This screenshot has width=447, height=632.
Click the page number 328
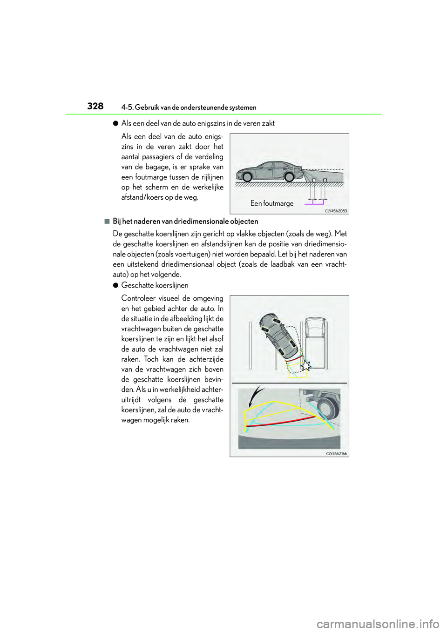(95, 106)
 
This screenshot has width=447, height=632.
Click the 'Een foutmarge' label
(272, 203)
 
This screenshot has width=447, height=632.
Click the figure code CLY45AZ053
(336, 211)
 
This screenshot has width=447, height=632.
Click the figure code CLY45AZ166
(336, 453)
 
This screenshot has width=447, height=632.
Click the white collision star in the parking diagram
(305, 366)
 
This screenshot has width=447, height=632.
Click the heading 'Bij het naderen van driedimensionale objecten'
(185, 222)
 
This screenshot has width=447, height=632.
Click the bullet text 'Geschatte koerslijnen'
(155, 285)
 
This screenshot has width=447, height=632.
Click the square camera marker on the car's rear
(296, 170)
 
